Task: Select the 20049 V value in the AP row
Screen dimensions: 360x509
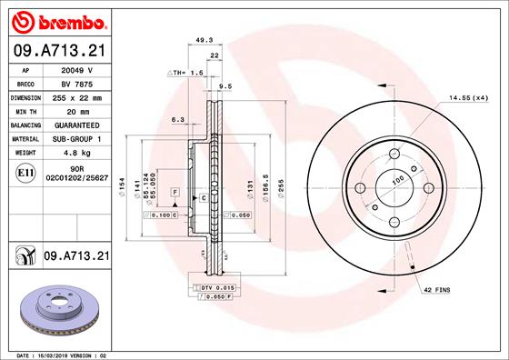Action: point(77,68)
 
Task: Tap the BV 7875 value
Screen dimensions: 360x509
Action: point(77,82)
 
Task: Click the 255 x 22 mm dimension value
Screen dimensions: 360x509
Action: point(77,96)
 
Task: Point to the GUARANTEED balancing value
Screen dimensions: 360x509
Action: point(77,125)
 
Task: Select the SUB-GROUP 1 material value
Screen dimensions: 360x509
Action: point(77,139)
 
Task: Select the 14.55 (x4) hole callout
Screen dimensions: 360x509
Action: point(466,97)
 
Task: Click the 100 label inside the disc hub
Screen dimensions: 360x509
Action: point(397,181)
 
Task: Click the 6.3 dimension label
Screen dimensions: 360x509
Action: point(177,119)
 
